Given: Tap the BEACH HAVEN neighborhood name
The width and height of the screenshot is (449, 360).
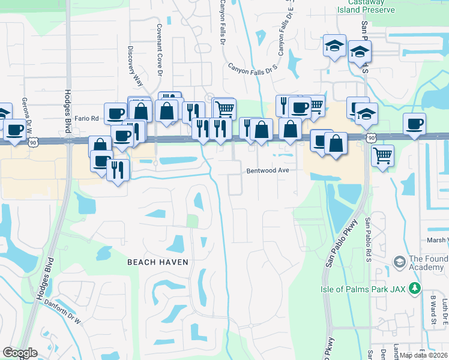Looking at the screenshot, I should pyautogui.click(x=157, y=262).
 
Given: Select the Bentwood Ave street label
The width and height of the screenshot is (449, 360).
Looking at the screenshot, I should pyautogui.click(x=268, y=170).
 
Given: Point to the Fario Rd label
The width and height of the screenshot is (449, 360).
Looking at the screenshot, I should pyautogui.click(x=86, y=119).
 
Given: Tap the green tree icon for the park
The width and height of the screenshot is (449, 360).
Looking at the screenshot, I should pyautogui.click(x=414, y=289).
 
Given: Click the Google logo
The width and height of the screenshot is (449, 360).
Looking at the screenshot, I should pyautogui.click(x=20, y=353).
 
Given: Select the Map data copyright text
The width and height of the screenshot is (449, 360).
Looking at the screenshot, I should pyautogui.click(x=424, y=355).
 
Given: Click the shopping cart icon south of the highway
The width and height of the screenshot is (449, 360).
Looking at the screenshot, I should pyautogui.click(x=382, y=156).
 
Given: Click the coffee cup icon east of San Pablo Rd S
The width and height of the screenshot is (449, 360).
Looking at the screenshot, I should pyautogui.click(x=414, y=124).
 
